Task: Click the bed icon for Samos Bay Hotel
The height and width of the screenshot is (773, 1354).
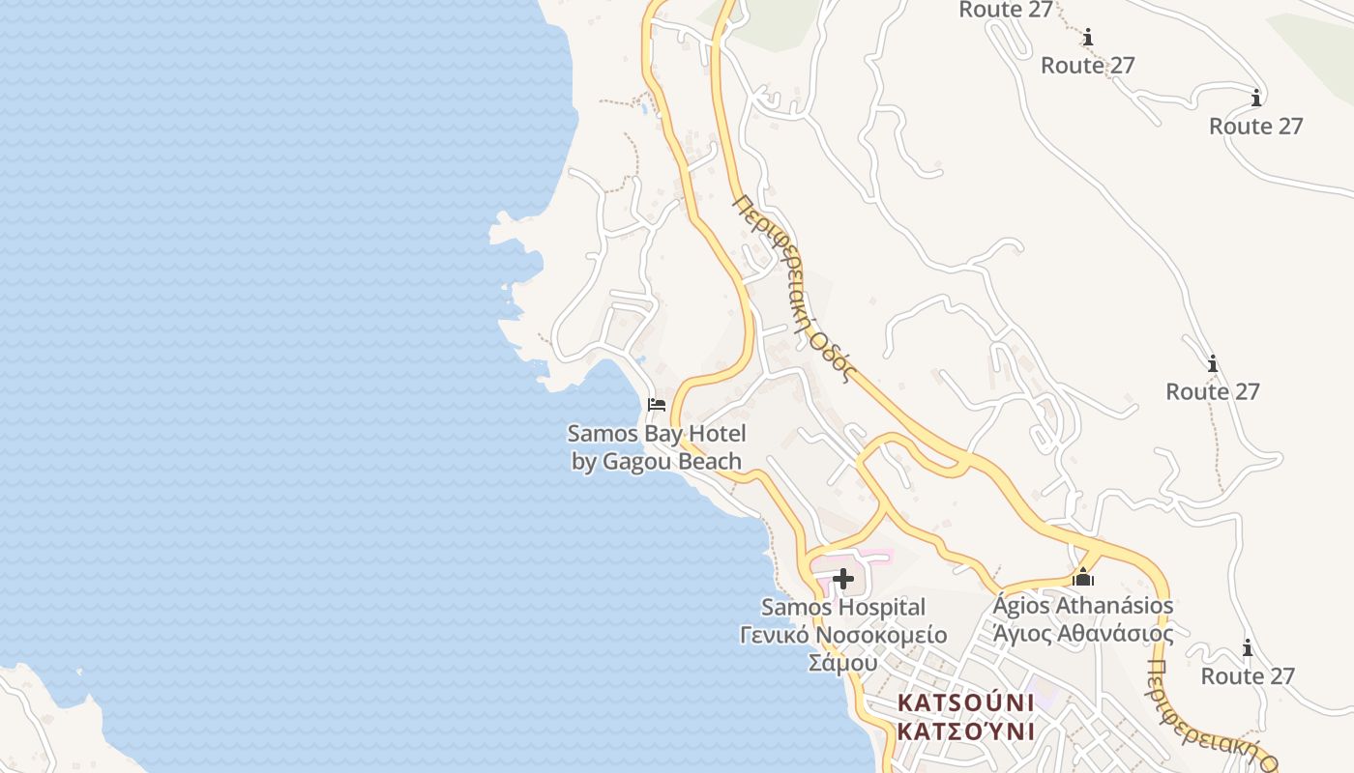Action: click(657, 404)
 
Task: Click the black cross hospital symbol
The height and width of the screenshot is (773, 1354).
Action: click(843, 579)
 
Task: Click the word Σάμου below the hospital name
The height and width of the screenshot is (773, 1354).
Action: click(842, 663)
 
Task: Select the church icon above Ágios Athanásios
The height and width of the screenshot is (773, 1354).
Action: click(1083, 577)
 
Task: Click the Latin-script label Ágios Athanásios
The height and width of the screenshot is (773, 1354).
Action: click(1083, 606)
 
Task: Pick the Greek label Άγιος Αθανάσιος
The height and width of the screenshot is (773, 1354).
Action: click(1083, 634)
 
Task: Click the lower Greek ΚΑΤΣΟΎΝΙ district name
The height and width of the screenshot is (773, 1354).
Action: click(965, 730)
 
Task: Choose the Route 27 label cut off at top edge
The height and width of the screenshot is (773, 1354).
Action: click(1005, 10)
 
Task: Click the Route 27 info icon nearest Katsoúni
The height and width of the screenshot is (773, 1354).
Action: click(1248, 647)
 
